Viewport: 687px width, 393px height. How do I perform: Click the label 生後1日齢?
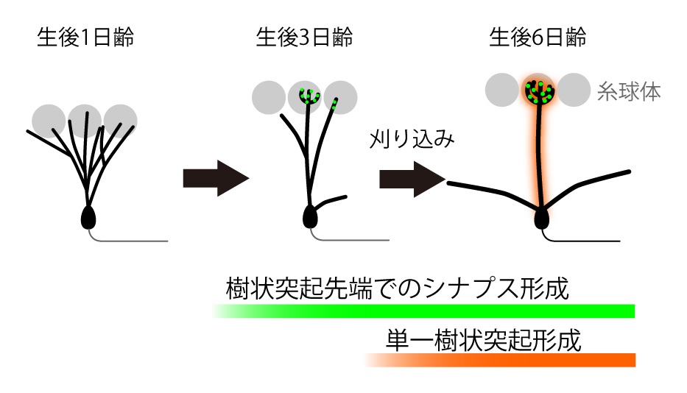click(85, 38)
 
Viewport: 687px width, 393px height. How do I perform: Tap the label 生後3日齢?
click(304, 38)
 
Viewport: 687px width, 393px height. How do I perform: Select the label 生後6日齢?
click(538, 38)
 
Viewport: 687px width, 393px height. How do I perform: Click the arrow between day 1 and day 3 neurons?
click(215, 179)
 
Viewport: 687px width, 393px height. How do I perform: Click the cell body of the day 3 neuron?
click(310, 216)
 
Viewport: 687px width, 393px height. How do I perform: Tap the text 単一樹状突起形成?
click(483, 340)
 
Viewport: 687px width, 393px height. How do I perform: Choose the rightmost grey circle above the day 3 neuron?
click(342, 96)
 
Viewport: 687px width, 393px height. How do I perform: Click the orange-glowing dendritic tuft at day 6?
click(540, 91)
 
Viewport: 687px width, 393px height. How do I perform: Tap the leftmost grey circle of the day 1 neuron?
click(49, 119)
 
